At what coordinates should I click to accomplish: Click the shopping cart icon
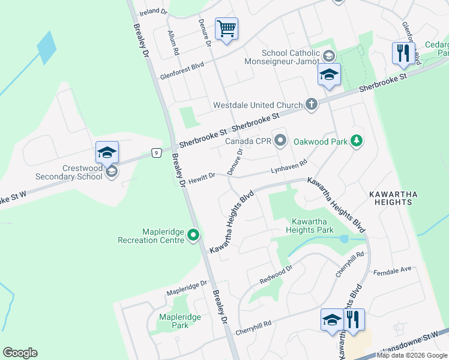point(226,28)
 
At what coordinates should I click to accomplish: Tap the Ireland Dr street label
point(153,11)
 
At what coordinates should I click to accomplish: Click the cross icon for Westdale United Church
point(311,104)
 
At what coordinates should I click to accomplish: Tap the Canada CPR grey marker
point(280,142)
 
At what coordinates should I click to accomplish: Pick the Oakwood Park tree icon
point(357,142)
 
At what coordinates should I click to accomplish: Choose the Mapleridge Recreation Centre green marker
point(193,235)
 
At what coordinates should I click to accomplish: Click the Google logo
point(20,353)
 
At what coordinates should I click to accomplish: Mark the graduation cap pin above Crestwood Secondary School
point(107,152)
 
